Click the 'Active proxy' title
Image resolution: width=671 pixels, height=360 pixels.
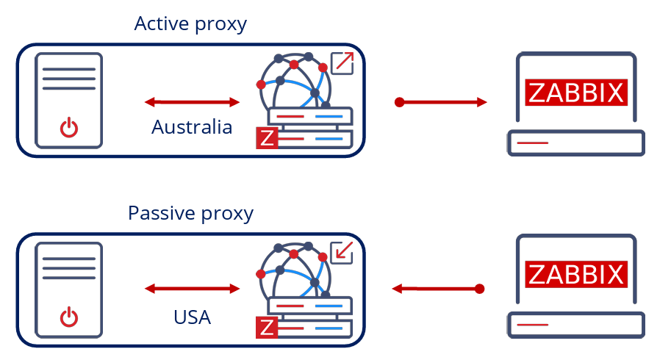[190, 24]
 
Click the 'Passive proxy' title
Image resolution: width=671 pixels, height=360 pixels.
[190, 213]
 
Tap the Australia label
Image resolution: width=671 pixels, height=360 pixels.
[192, 127]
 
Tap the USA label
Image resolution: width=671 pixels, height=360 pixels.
[192, 317]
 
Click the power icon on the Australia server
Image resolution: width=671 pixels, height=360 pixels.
[68, 129]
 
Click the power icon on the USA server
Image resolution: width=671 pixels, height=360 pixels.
[68, 318]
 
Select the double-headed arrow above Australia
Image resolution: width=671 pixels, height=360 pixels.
[193, 101]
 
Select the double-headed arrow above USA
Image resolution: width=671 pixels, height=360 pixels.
[193, 289]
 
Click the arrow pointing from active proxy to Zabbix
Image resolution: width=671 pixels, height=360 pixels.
[442, 102]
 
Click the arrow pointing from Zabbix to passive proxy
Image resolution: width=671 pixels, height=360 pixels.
[438, 289]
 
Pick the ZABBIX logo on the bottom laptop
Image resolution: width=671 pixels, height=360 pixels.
[577, 274]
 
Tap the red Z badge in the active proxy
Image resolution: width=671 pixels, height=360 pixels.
[267, 138]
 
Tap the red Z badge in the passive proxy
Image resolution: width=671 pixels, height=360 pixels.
[267, 328]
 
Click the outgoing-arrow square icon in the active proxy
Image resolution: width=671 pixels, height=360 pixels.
[343, 63]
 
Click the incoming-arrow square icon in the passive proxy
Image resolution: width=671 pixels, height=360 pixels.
[342, 252]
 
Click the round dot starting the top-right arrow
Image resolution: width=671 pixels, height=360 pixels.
[399, 102]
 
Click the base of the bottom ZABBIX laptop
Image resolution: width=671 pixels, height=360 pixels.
[575, 324]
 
